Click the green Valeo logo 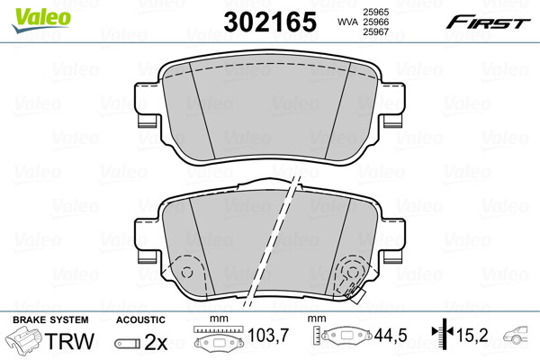[x=41, y=20]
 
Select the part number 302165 [x=270, y=22]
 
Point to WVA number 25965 [x=375, y=12]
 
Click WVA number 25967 [x=375, y=32]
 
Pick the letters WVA [x=347, y=22]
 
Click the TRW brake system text [x=69, y=341]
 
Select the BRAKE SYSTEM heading [x=50, y=319]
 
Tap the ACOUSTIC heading [x=140, y=319]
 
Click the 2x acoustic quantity [x=156, y=342]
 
